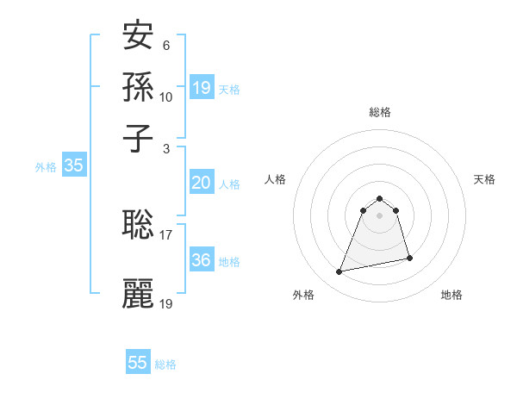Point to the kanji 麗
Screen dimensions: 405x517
coord(139,294)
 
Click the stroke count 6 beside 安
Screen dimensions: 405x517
coord(165,44)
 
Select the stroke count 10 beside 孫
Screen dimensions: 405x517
coord(166,97)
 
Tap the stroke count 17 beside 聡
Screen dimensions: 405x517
coord(166,234)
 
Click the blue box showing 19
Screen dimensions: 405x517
coord(201,88)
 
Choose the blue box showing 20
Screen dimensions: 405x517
coord(201,183)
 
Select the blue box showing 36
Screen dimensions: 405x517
coord(201,260)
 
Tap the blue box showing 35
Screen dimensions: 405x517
coord(73,166)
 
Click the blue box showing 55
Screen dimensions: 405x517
coord(138,363)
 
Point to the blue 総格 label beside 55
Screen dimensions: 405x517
coord(165,364)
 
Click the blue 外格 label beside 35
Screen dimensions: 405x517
coord(46,168)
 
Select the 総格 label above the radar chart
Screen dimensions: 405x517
coord(380,112)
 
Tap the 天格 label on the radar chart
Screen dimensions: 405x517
coord(484,179)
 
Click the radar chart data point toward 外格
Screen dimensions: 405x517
coord(339,272)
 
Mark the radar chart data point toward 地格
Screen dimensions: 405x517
coord(409,259)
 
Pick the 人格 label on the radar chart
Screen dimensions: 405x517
coord(276,179)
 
